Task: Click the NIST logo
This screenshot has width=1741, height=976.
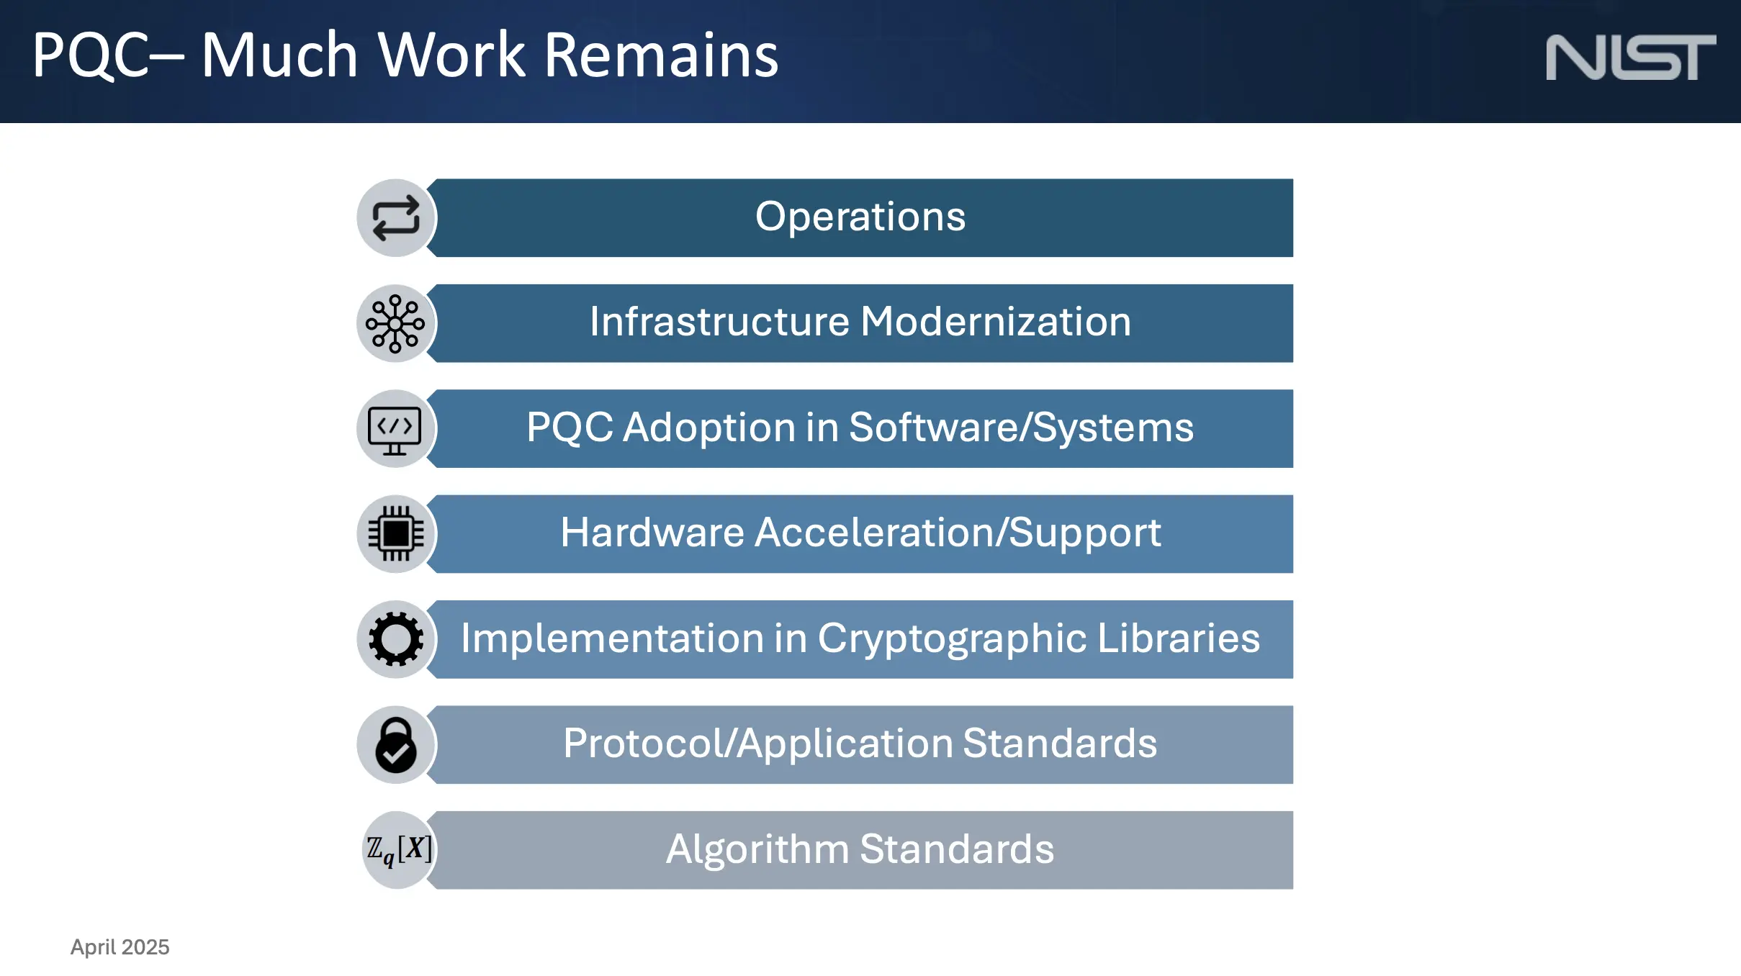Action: (x=1631, y=58)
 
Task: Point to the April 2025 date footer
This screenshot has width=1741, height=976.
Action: (x=120, y=946)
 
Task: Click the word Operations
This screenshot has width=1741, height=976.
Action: (x=860, y=217)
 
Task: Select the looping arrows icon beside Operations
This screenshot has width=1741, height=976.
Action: (x=396, y=218)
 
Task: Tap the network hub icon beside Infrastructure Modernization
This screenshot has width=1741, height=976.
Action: (x=395, y=323)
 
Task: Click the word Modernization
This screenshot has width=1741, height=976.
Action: (x=996, y=321)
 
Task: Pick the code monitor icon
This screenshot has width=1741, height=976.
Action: (x=395, y=430)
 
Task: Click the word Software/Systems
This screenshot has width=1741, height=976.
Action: (x=1022, y=428)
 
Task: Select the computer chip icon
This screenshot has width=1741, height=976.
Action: (x=396, y=533)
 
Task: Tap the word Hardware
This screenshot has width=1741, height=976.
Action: (x=652, y=533)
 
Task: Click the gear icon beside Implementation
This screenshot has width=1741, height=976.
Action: (x=396, y=639)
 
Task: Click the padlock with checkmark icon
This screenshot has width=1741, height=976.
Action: (x=396, y=745)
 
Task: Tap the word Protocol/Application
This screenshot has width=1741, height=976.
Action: (x=758, y=744)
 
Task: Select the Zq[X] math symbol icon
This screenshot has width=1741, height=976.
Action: (x=400, y=849)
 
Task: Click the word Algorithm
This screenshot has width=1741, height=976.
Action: (x=757, y=849)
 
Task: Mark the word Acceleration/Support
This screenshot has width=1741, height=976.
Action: (x=958, y=533)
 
